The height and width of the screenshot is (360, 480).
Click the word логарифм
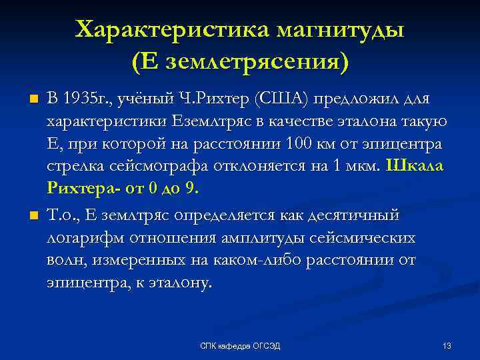(x=80, y=237)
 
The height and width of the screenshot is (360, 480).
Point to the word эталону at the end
(x=182, y=283)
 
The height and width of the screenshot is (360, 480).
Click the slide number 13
(x=447, y=345)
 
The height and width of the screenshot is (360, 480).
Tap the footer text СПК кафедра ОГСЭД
(x=240, y=345)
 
